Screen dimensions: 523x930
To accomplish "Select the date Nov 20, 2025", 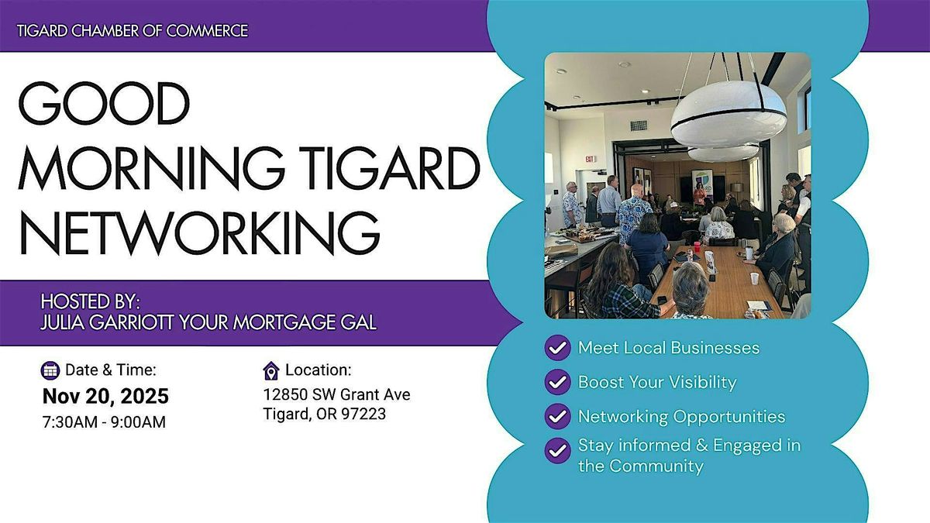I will point(105,397).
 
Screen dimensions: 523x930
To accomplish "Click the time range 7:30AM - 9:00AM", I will point(104,422).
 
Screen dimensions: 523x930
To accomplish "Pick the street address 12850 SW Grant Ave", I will point(337,394).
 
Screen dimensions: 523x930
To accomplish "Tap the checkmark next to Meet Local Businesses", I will point(557,348).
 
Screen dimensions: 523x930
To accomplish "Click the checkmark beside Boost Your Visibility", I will point(557,383).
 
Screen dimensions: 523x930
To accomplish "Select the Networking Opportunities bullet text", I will point(681,417).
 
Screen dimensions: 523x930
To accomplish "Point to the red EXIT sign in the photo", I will point(591,159).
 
